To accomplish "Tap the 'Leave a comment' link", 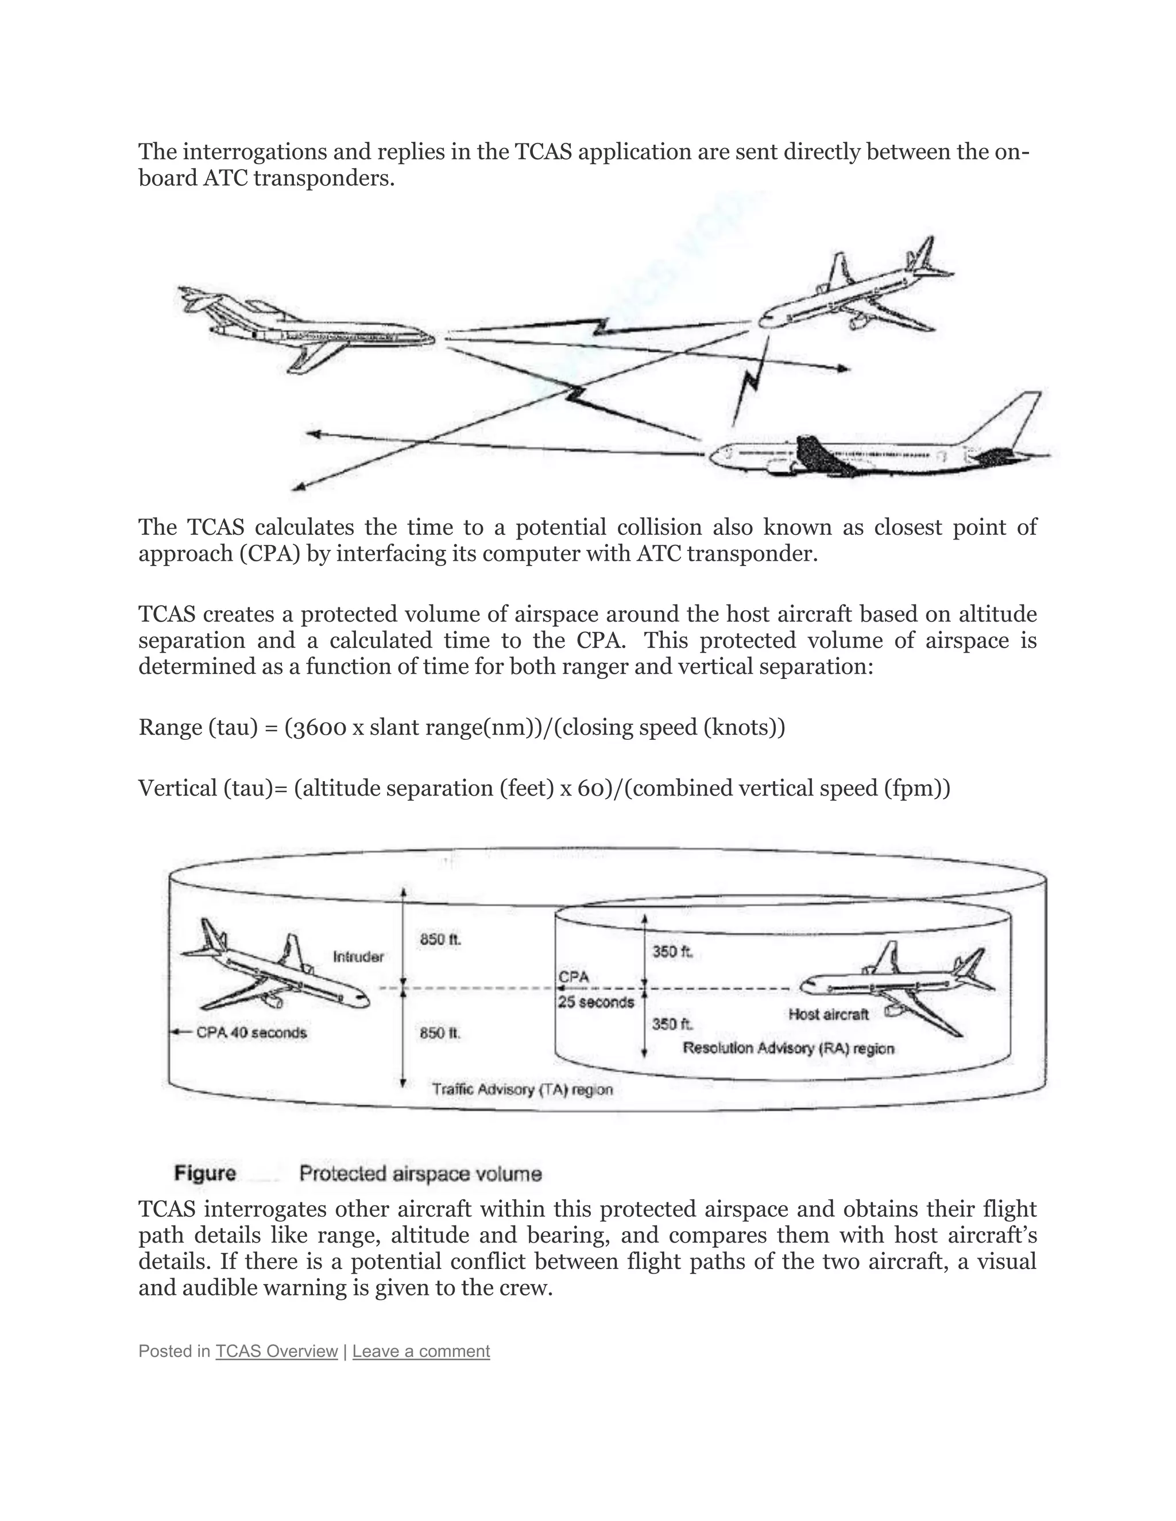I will pyautogui.click(x=421, y=1351).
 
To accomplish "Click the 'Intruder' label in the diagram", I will pyautogui.click(x=358, y=957).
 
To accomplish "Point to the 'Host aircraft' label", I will pyautogui.click(x=829, y=1014).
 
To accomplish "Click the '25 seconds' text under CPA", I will pyautogui.click(x=595, y=1002).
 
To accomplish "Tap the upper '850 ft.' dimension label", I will pyautogui.click(x=440, y=940).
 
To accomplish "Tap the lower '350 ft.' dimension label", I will pyautogui.click(x=672, y=1024).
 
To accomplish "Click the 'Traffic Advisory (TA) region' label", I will pyautogui.click(x=522, y=1088).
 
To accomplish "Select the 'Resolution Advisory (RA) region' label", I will pyautogui.click(x=788, y=1048).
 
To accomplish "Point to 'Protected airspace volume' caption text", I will pyautogui.click(x=420, y=1174).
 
